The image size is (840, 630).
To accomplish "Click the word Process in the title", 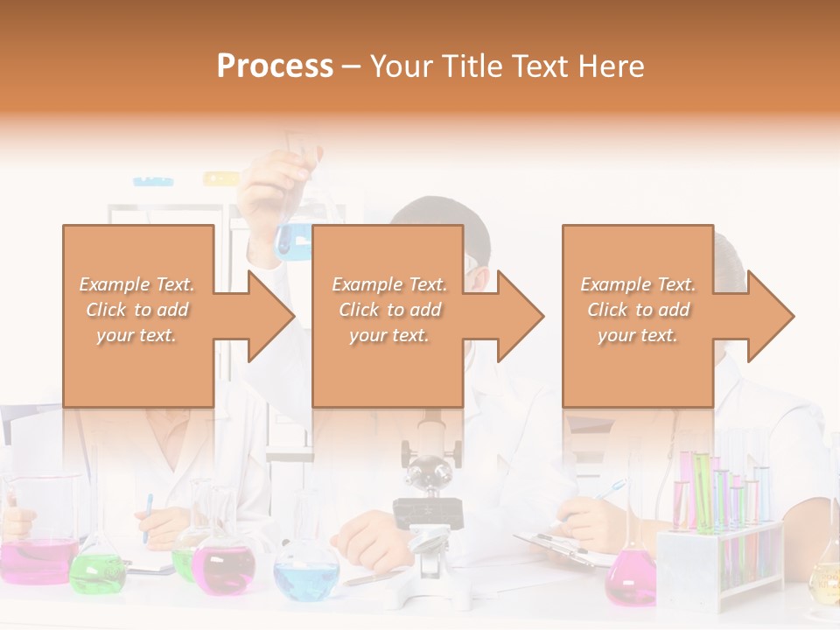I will coord(275,66).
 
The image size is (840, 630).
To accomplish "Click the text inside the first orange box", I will coord(137,310).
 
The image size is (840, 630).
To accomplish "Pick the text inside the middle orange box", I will coord(389,310).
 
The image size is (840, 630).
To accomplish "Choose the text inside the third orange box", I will coord(638,310).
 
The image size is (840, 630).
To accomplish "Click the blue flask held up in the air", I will coord(294,239).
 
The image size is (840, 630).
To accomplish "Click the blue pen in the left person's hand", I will coord(148,516).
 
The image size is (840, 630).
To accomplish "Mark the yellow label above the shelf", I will coord(220,178).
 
